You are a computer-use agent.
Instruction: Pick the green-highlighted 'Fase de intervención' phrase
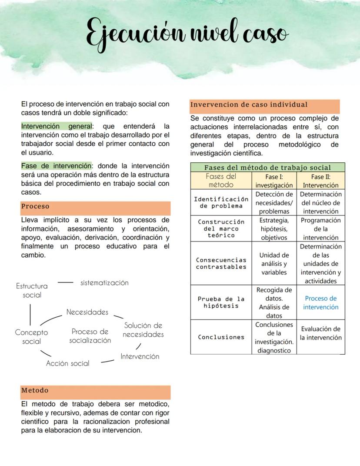coord(57,166)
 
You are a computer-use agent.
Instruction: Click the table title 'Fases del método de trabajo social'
coord(267,168)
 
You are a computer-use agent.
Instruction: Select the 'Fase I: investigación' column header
coord(274,181)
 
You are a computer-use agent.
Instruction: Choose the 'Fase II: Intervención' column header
coord(321,181)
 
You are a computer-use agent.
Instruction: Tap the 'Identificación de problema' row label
coord(221,202)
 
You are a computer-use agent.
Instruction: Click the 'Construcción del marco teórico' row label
coord(221,228)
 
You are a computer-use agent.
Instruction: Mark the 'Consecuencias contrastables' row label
coord(221,263)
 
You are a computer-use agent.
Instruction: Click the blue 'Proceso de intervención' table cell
coord(321,303)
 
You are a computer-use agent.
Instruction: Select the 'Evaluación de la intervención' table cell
coord(321,333)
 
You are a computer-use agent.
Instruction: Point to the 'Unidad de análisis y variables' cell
coord(274,264)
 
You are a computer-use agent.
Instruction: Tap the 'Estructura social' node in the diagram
coord(32,291)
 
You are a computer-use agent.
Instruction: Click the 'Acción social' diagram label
coord(68,363)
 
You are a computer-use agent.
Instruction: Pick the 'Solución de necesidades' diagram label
coord(143,330)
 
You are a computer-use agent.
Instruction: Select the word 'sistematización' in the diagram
coord(104,283)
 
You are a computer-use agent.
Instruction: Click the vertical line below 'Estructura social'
coord(30,314)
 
